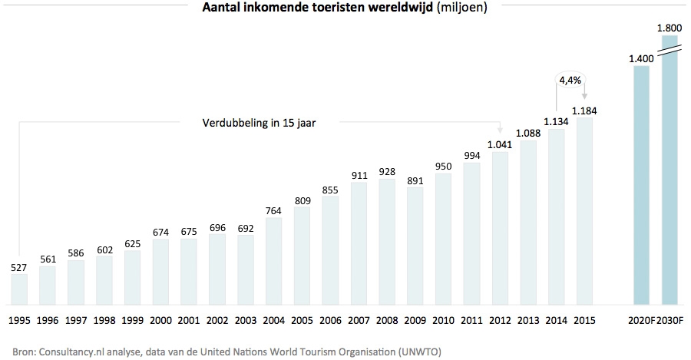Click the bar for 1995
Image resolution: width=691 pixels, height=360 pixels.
(x=19, y=289)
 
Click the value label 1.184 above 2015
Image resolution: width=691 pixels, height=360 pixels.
(x=585, y=111)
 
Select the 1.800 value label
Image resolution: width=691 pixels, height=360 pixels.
(x=669, y=28)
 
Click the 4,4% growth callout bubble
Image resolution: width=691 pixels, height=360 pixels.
(x=570, y=81)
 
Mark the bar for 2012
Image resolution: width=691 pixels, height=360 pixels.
(x=500, y=229)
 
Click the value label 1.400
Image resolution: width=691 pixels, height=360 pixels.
(x=640, y=58)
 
